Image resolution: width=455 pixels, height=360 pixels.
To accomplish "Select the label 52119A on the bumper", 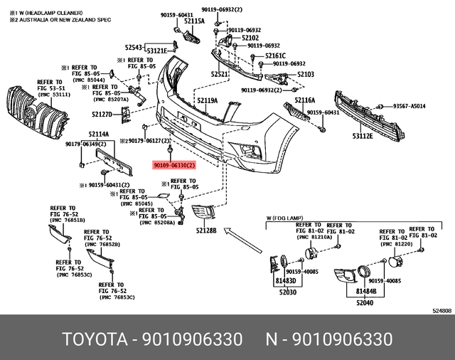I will click(207, 101).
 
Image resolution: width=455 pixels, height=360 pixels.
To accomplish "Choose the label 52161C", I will click(275, 55).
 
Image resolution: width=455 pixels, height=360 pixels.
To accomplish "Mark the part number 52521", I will click(220, 74).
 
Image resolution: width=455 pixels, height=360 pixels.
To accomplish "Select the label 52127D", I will click(102, 114).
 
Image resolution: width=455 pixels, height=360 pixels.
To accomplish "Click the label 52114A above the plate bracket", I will click(98, 134).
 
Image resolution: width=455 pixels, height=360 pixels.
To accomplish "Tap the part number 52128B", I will click(206, 231).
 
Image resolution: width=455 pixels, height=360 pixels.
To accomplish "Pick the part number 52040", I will click(365, 302).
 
